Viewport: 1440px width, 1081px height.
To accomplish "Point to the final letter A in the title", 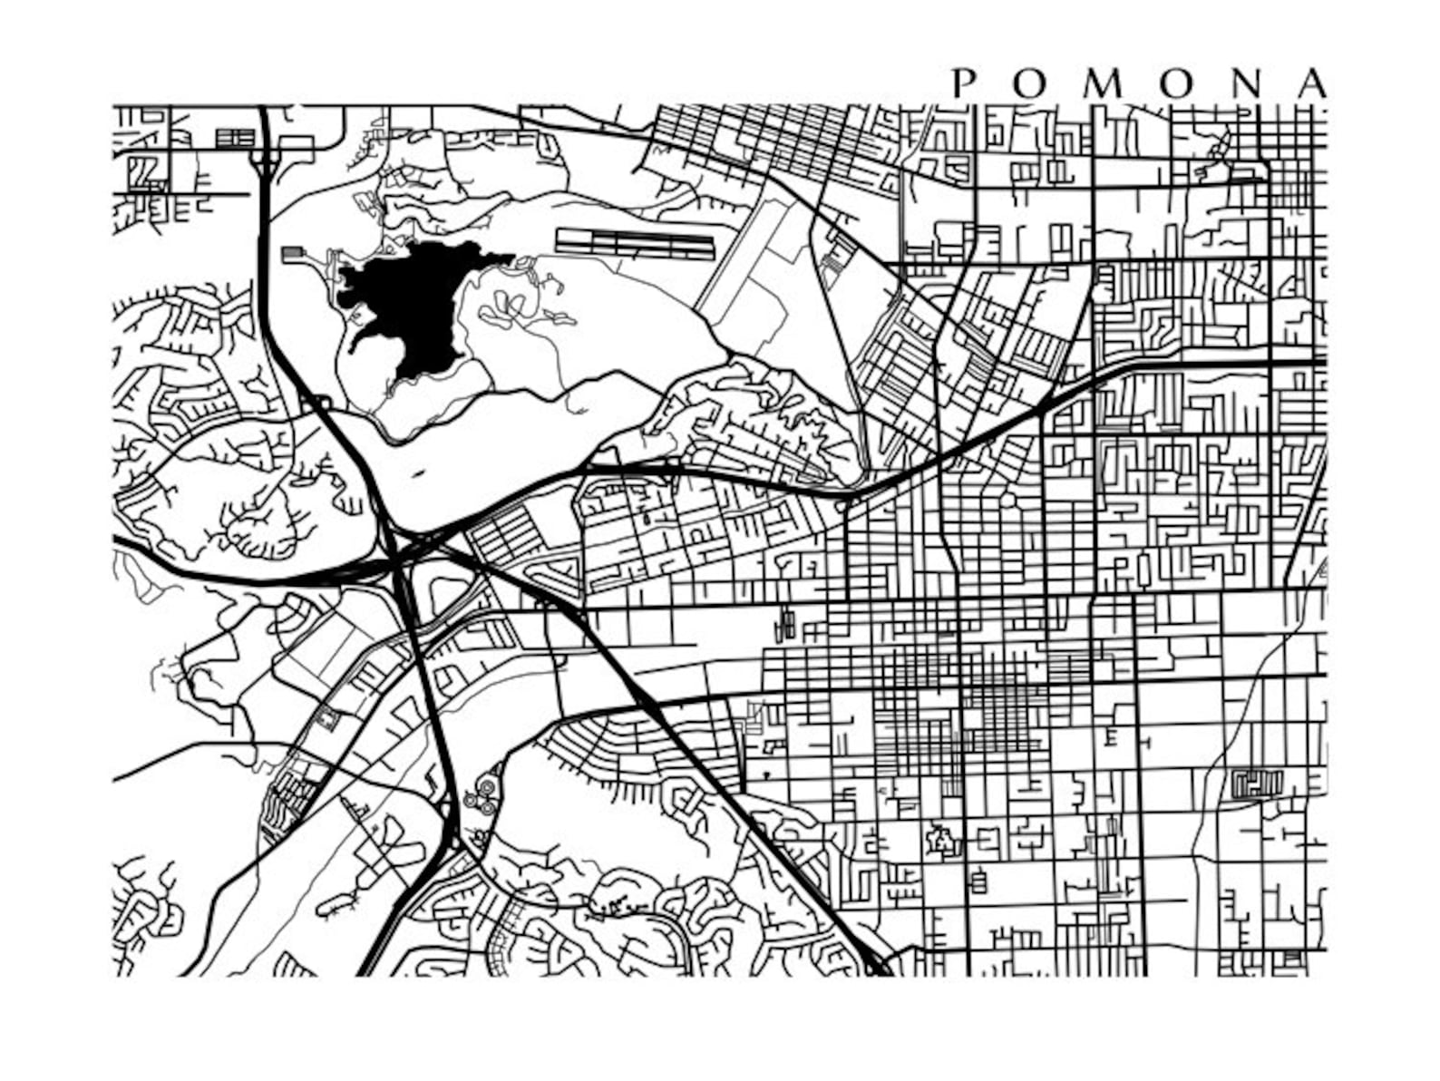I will coord(1311,83).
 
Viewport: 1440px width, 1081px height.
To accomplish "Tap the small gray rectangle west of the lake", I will coord(294,254).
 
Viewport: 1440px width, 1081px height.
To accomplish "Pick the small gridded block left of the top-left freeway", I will coord(236,138).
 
